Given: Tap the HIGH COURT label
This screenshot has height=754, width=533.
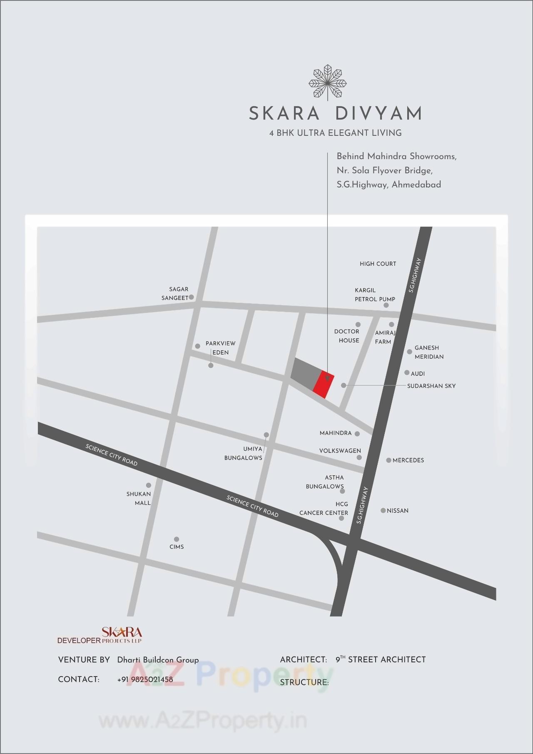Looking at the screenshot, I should pyautogui.click(x=378, y=264).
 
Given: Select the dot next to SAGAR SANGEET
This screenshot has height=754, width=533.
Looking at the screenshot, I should pyautogui.click(x=192, y=297).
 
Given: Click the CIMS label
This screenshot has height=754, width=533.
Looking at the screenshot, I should pyautogui.click(x=177, y=547).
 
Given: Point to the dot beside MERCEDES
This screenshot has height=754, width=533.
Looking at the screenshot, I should pyautogui.click(x=389, y=460).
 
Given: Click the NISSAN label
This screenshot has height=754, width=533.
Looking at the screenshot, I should pyautogui.click(x=398, y=511).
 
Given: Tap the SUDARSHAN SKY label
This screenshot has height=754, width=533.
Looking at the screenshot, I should pyautogui.click(x=431, y=386).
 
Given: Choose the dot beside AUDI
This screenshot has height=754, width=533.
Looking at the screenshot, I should pyautogui.click(x=407, y=372).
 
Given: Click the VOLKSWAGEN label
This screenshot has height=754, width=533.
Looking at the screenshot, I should pyautogui.click(x=340, y=451).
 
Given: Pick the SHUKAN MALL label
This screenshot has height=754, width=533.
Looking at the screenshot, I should pyautogui.click(x=139, y=498).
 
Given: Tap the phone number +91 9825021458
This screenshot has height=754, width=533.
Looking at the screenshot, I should pyautogui.click(x=145, y=679).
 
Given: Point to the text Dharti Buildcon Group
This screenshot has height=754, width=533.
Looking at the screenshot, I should pyautogui.click(x=158, y=660).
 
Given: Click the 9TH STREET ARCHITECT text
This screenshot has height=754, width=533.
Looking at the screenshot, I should pyautogui.click(x=381, y=659).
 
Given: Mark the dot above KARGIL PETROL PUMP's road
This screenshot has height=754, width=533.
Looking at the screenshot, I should pyautogui.click(x=386, y=305).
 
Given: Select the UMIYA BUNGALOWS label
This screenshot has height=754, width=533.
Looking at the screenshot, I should pyautogui.click(x=244, y=453).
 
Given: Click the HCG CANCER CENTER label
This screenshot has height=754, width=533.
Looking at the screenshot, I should pyautogui.click(x=324, y=509).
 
